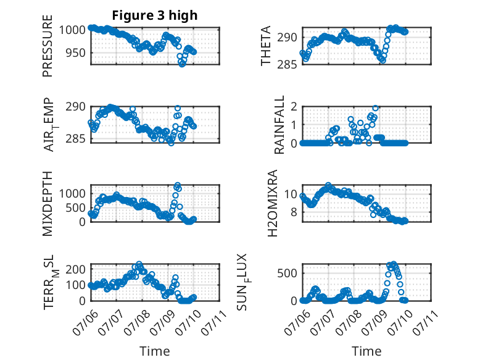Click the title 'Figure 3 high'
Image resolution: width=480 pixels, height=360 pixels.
(x=155, y=15)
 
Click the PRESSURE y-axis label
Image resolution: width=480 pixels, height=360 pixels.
(x=48, y=46)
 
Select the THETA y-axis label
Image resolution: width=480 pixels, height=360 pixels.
(x=266, y=46)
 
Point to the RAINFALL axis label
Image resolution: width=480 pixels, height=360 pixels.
(x=279, y=125)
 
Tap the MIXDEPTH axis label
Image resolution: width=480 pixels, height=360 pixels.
(x=48, y=204)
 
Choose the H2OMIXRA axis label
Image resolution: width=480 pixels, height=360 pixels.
(x=272, y=203)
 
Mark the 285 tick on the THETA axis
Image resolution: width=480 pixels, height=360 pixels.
(x=287, y=64)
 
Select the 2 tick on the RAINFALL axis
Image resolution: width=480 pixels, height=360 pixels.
(x=294, y=107)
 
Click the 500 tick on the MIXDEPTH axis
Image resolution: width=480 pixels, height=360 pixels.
(x=75, y=207)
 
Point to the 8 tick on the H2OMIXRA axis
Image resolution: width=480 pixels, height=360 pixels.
(x=294, y=212)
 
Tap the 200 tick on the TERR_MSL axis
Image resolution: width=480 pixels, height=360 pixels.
(x=76, y=269)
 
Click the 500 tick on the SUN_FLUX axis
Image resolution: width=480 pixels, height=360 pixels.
(x=287, y=273)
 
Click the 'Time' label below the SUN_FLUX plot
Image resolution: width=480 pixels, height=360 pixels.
(x=366, y=351)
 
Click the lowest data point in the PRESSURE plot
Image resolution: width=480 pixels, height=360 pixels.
(x=182, y=64)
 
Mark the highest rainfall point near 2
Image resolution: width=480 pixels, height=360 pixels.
(x=375, y=108)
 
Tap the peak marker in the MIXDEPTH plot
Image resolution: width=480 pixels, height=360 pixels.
(x=177, y=185)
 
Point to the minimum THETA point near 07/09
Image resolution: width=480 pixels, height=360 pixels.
(x=383, y=61)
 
